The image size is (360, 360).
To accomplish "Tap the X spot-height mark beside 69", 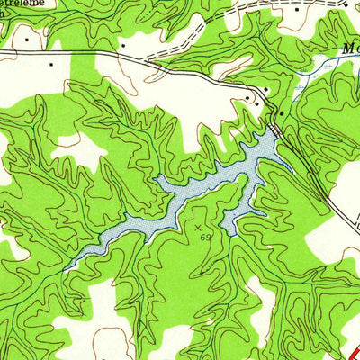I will click(199, 228).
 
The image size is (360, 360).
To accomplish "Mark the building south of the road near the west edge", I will click(51, 65).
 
